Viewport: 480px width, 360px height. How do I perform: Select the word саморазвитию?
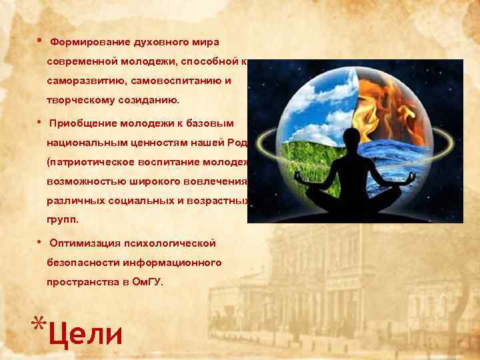(x=81, y=80)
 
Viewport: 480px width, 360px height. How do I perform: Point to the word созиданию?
(x=146, y=100)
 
